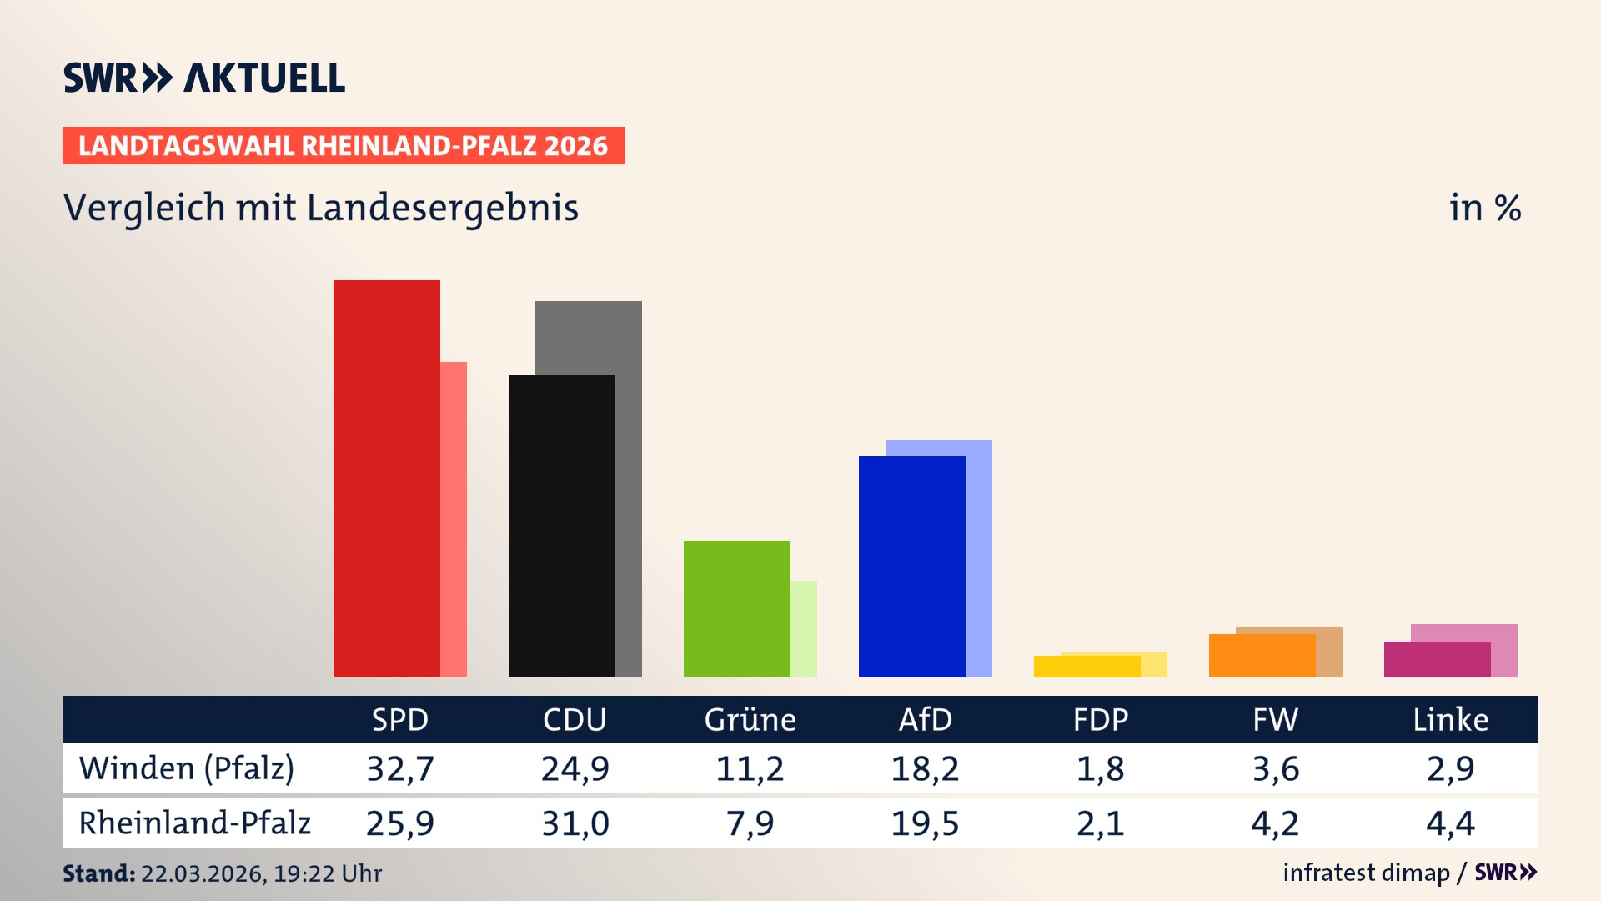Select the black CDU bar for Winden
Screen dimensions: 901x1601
[x=561, y=526]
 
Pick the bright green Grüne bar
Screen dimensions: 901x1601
[x=736, y=608]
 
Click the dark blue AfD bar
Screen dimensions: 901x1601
[x=911, y=566]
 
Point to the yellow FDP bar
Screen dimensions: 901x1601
[x=1087, y=667]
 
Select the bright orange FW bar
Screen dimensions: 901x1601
[x=1262, y=656]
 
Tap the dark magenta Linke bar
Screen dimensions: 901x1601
[x=1437, y=659]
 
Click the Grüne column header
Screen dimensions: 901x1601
[x=750, y=719]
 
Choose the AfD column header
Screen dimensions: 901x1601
[x=925, y=719]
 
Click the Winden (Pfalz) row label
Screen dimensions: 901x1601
[x=187, y=768]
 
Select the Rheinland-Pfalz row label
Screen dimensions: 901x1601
[x=194, y=823]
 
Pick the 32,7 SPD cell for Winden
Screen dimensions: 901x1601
[x=400, y=768]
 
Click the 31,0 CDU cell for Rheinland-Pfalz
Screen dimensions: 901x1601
[x=575, y=823]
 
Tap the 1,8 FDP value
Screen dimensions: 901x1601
[x=1100, y=768]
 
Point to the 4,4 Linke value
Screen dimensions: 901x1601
[x=1450, y=823]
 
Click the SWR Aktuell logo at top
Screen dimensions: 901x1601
[x=204, y=78]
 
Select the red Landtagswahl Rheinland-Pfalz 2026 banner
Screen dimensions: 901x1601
[x=344, y=146]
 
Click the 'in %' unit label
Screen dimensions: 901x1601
[x=1484, y=208]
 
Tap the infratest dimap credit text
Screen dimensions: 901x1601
[x=1366, y=873]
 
